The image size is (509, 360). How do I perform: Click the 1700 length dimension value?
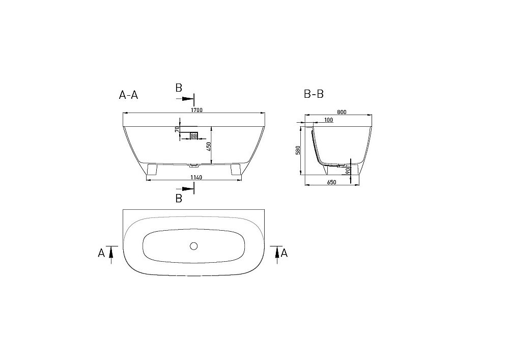click(x=197, y=110)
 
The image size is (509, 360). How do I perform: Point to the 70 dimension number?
click(x=178, y=129)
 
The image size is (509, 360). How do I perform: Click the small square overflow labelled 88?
click(x=194, y=135)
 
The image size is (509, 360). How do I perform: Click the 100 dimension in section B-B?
click(x=328, y=120)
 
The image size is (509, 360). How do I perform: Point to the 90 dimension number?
click(x=347, y=171)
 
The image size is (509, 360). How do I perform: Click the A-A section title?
click(x=128, y=94)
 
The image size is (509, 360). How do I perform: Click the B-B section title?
click(x=314, y=94)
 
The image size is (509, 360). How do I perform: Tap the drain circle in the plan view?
click(x=193, y=246)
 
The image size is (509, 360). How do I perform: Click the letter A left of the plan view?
click(x=101, y=252)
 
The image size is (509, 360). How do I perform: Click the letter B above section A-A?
click(x=179, y=88)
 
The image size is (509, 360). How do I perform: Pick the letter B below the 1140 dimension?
click(x=179, y=198)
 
